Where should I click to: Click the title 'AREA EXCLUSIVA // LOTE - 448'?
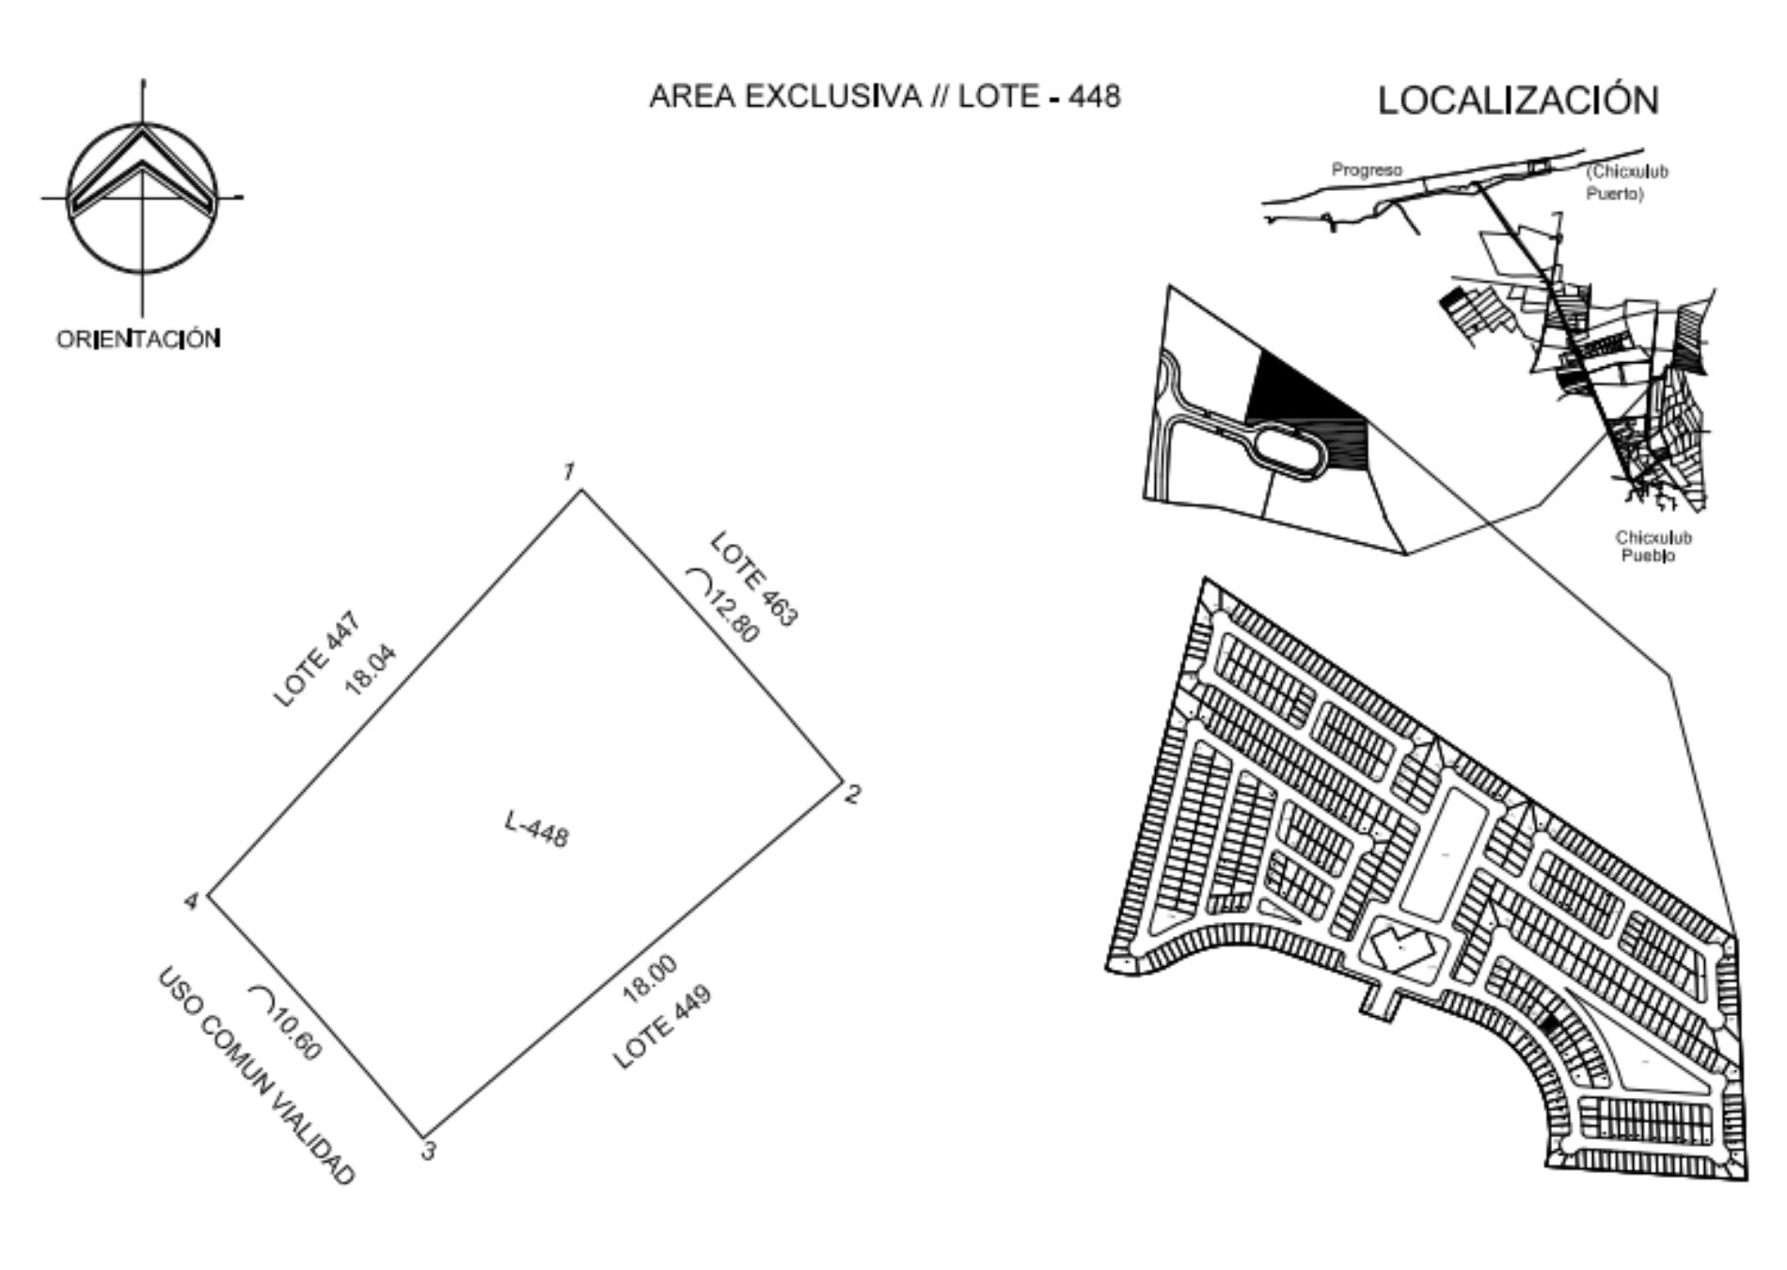click(885, 96)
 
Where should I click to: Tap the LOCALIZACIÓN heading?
click(1519, 100)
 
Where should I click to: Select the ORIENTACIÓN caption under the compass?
click(139, 339)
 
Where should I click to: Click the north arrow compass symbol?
click(142, 198)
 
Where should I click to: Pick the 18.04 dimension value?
click(372, 670)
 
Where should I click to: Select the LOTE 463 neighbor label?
click(754, 579)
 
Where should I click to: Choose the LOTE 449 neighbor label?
click(662, 1027)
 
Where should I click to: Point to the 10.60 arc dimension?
click(287, 1023)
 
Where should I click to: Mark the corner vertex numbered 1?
click(581, 489)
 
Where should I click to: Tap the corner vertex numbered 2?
click(841, 780)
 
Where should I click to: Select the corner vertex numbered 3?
click(422, 1136)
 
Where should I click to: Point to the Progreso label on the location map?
click(1367, 170)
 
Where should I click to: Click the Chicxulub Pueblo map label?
click(1653, 547)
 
